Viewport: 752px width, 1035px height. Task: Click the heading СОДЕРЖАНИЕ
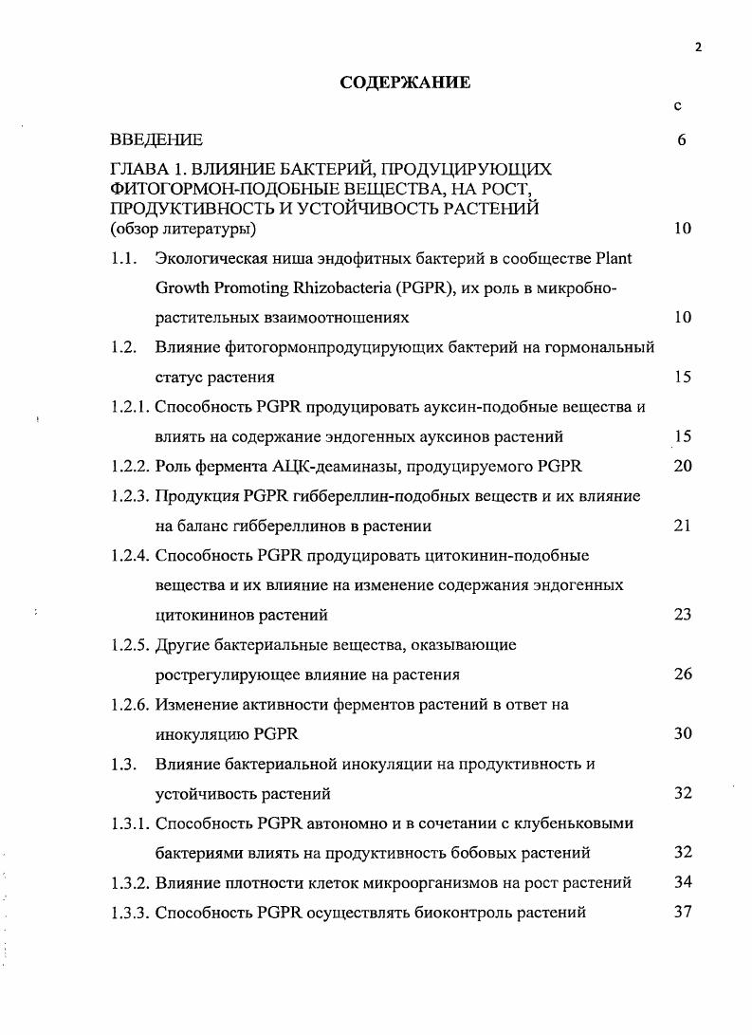pyautogui.click(x=405, y=83)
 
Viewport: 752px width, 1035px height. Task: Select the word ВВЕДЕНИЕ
pyautogui.click(x=156, y=140)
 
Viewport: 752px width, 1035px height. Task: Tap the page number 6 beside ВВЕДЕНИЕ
pyautogui.click(x=682, y=140)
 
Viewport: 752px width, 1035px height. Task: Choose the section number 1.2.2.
pyautogui.click(x=130, y=466)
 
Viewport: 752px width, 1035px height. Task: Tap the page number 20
pyautogui.click(x=682, y=466)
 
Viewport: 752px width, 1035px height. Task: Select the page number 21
pyautogui.click(x=682, y=526)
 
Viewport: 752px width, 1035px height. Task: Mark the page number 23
pyautogui.click(x=682, y=615)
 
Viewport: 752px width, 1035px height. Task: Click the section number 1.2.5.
pyautogui.click(x=130, y=645)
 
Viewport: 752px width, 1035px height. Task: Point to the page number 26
pyautogui.click(x=682, y=675)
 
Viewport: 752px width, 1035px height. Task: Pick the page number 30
pyautogui.click(x=682, y=733)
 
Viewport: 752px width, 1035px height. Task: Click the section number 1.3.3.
pyautogui.click(x=130, y=913)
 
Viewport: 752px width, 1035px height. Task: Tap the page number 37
pyautogui.click(x=682, y=913)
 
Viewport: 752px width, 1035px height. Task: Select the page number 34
pyautogui.click(x=682, y=882)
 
